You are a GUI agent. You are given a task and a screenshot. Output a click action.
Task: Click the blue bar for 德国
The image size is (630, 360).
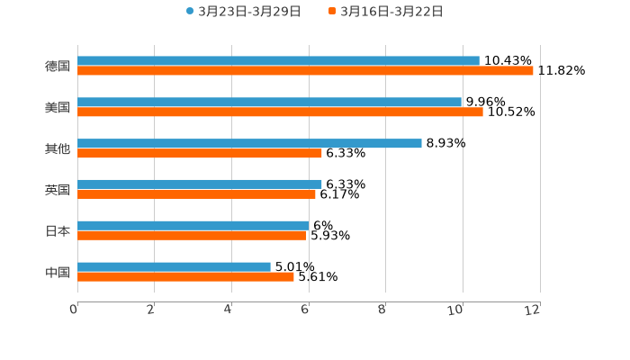[278, 61]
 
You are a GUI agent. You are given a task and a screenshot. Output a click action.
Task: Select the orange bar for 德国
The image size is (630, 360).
[305, 71]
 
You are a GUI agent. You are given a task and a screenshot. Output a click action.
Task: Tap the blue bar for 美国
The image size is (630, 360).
[269, 103]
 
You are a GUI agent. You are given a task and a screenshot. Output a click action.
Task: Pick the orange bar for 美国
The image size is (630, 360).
[280, 112]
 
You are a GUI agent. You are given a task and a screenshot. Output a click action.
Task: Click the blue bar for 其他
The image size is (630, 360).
[249, 144]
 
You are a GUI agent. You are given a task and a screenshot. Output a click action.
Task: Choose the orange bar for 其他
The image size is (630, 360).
[200, 154]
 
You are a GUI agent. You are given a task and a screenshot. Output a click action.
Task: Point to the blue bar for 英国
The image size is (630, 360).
[200, 184]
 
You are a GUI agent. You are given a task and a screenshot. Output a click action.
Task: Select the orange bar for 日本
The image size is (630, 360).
[192, 236]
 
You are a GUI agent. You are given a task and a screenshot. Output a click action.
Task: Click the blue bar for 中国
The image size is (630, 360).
[174, 267]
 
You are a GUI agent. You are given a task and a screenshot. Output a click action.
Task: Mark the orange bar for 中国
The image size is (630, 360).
[185, 277]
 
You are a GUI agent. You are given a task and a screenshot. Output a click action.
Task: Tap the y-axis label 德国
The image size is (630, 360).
[58, 66]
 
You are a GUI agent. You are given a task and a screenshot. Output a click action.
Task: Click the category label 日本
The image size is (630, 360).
[58, 231]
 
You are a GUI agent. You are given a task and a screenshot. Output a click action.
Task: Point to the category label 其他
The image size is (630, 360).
[58, 148]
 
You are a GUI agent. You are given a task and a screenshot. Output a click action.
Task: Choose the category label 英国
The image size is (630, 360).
[58, 190]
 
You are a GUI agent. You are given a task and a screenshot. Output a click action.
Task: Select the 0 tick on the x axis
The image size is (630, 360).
[74, 310]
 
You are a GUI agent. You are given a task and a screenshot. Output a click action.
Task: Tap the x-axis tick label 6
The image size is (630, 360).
[305, 310]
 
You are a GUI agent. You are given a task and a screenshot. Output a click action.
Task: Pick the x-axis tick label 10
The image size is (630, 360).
[457, 310]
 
